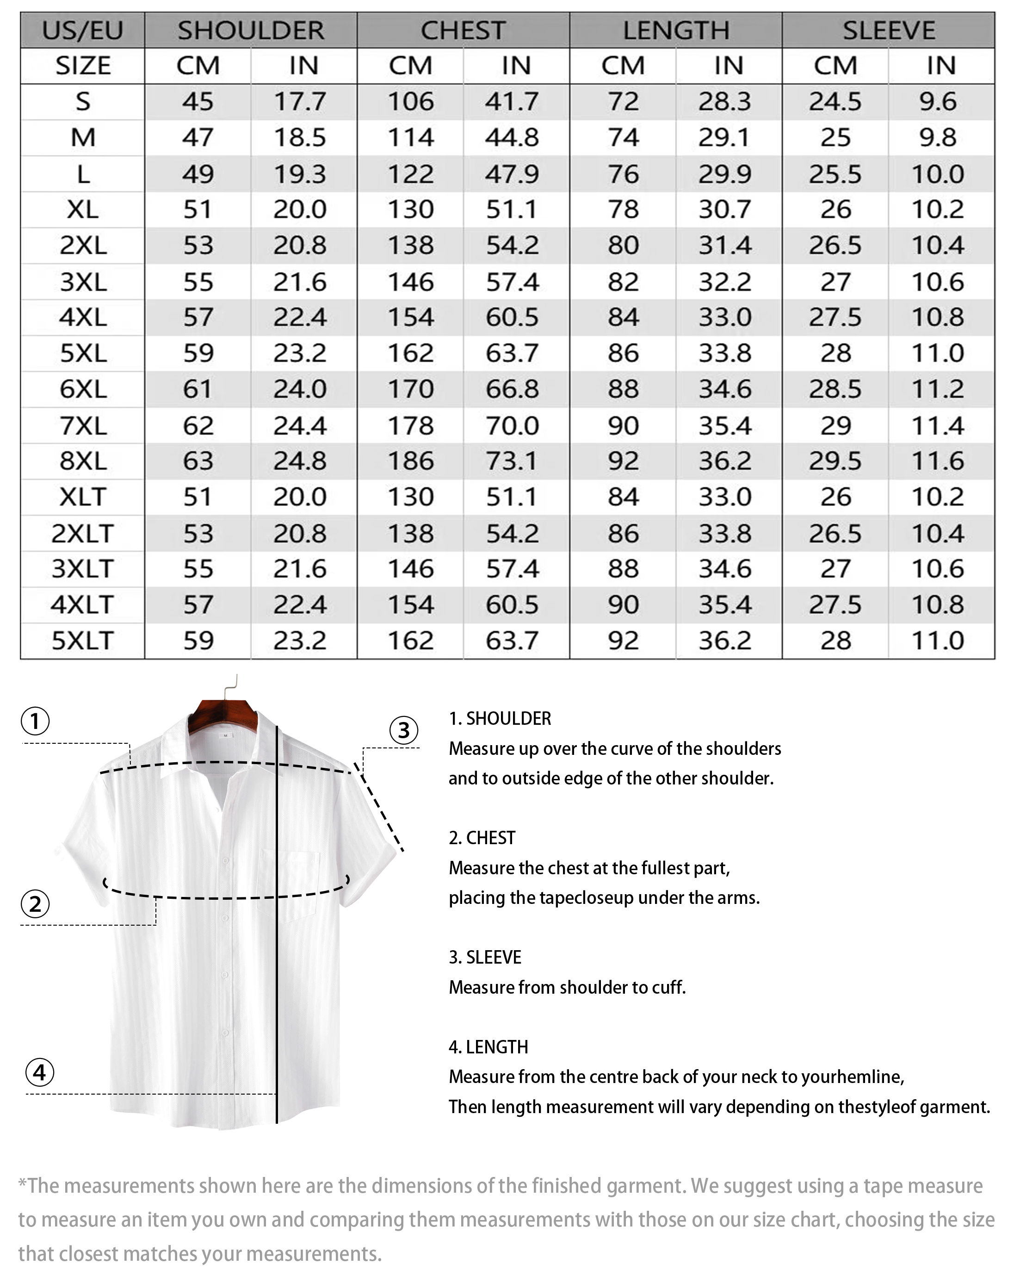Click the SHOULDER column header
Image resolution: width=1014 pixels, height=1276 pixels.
(x=250, y=30)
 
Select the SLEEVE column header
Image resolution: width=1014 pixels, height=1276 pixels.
(x=888, y=30)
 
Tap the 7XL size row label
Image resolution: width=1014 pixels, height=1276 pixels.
(x=83, y=425)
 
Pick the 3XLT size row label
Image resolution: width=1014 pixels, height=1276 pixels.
(x=82, y=569)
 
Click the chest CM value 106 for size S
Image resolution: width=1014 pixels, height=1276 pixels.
(x=411, y=102)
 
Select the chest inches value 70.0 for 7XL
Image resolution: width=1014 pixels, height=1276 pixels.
(x=513, y=425)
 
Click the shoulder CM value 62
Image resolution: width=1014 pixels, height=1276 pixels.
(x=198, y=425)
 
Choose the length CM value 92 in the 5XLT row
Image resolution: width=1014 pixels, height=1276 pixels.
(x=623, y=641)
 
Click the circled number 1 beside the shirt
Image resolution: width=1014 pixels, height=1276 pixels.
(x=36, y=721)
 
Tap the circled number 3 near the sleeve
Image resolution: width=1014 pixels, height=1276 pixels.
(x=403, y=730)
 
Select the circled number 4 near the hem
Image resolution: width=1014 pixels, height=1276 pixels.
(x=40, y=1072)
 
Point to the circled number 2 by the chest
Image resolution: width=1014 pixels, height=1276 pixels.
(x=36, y=904)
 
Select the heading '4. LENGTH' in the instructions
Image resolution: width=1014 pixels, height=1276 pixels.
(x=488, y=1046)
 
